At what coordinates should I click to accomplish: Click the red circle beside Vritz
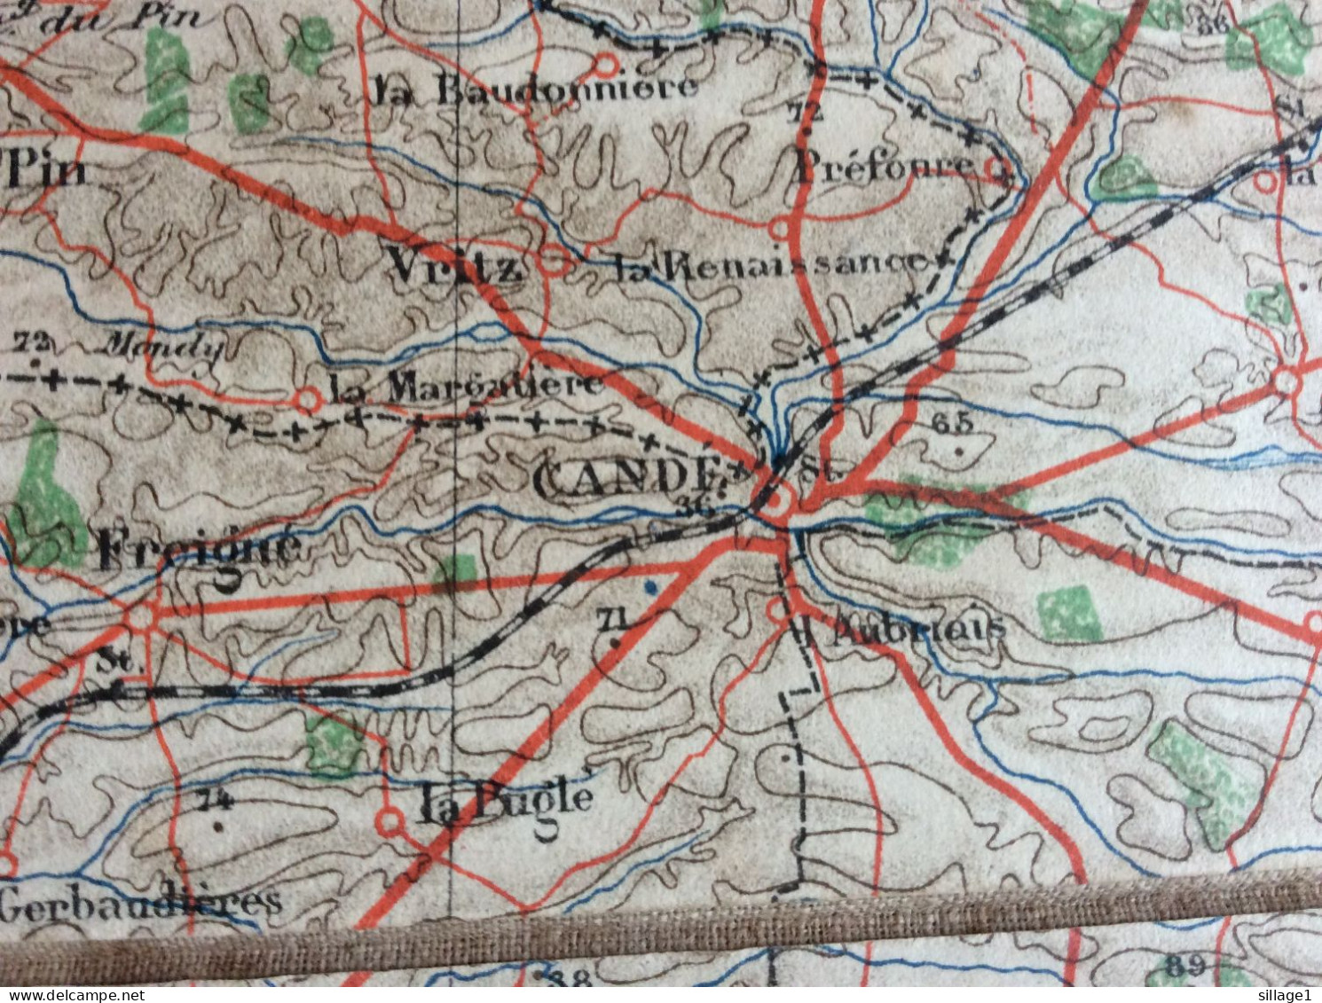555,263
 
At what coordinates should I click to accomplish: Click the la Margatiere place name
467,386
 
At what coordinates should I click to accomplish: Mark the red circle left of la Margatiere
308,400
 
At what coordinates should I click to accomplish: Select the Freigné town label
201,551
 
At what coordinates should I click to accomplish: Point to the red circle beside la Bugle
390,822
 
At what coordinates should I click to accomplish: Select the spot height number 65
953,424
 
